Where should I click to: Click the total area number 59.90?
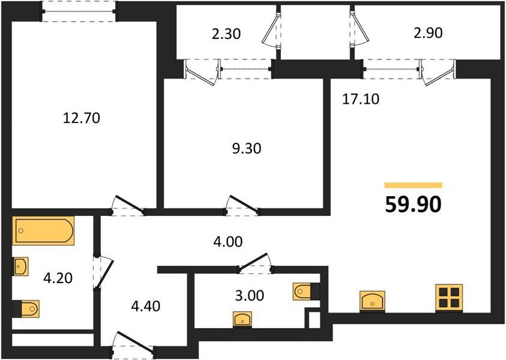click(413, 205)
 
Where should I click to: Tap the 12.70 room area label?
click(81, 118)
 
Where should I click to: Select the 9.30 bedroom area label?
click(247, 148)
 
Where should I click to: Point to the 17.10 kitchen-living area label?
click(361, 99)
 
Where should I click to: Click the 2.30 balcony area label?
click(226, 34)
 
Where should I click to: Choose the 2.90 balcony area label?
click(428, 33)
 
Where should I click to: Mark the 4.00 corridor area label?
click(228, 242)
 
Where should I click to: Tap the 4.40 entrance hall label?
click(145, 306)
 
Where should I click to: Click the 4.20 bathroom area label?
click(58, 278)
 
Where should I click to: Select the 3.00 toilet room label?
click(250, 295)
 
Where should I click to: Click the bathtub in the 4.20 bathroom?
click(43, 230)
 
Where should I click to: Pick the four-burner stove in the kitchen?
click(449, 298)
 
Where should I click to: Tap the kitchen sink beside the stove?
click(373, 301)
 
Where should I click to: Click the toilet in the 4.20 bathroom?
click(26, 309)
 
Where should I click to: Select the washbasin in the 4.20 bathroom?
click(20, 266)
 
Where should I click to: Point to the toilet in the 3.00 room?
click(306, 292)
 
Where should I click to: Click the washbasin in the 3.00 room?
click(242, 320)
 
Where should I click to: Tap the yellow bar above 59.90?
click(414, 185)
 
